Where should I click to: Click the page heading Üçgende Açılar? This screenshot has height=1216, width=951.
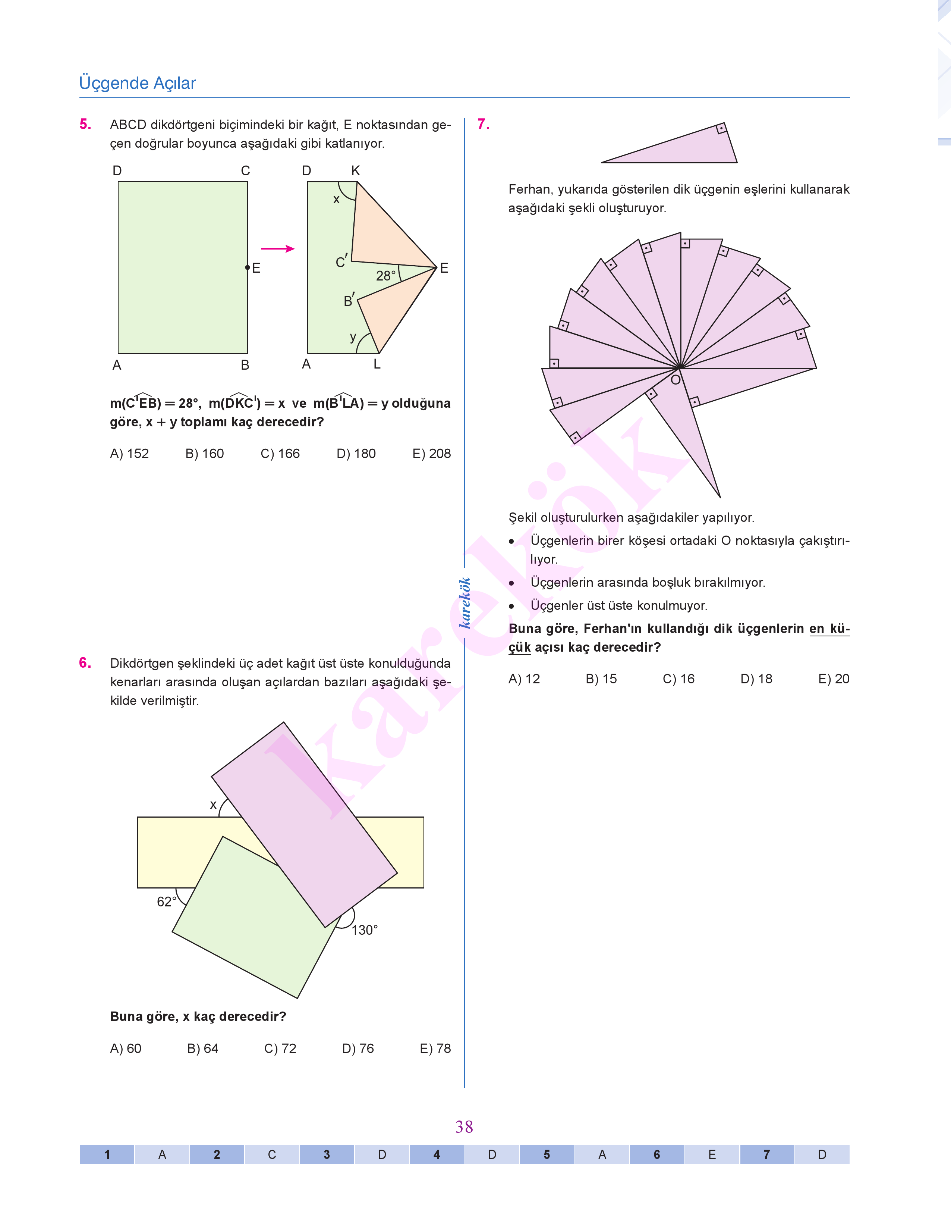coord(138,83)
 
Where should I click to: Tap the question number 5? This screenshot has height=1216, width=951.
coord(85,124)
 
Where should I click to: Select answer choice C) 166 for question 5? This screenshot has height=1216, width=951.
coord(280,454)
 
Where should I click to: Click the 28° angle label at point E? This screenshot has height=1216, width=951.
coord(386,276)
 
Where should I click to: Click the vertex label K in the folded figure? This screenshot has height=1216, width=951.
coord(356,171)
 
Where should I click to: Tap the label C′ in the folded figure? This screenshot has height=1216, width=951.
coord(342,261)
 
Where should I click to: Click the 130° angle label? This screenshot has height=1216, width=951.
coord(365,930)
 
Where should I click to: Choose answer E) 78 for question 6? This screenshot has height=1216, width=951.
coord(435,1048)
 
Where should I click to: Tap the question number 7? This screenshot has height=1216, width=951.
coord(483,124)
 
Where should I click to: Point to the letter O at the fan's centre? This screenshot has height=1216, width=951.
coord(676,380)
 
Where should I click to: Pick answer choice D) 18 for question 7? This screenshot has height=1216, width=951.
coord(756,678)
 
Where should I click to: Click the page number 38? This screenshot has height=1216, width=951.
coord(464,1127)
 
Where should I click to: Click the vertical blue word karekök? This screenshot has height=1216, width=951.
coord(465,603)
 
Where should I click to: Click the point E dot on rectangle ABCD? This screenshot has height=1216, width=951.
coord(247,268)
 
